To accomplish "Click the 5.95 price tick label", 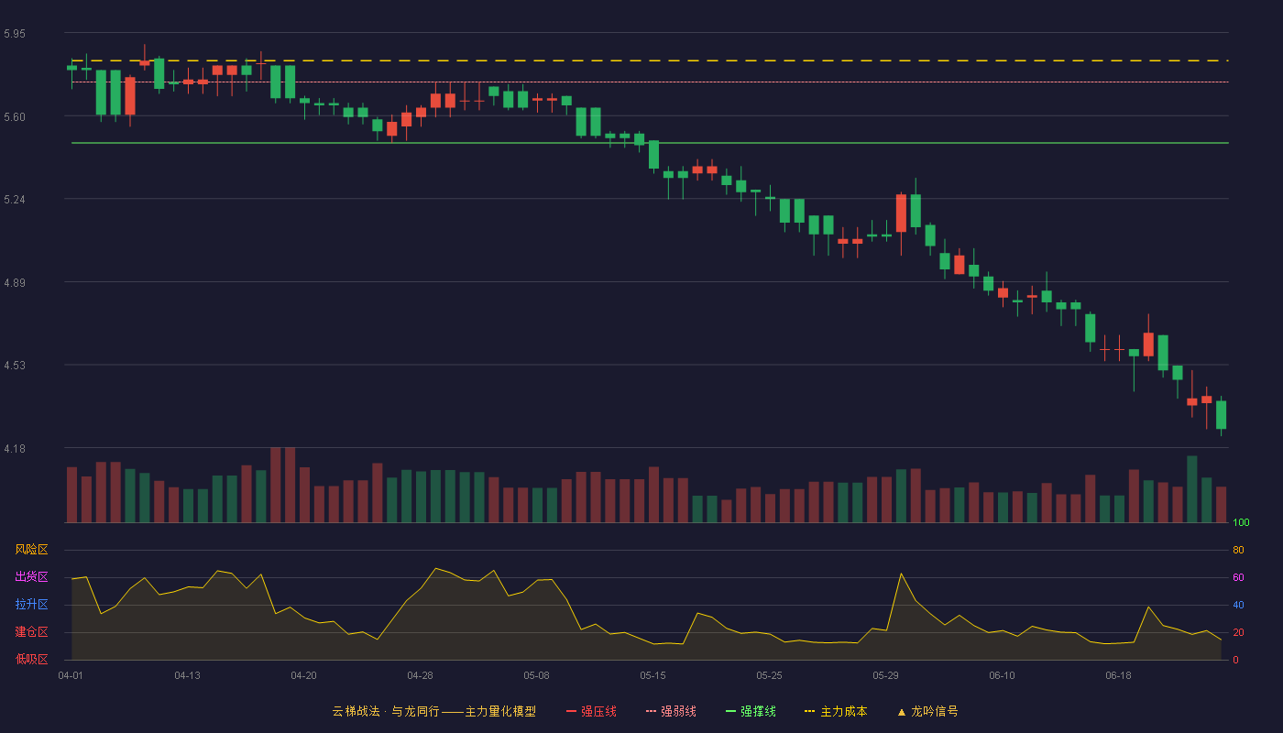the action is pos(15,34).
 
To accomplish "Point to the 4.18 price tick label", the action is pos(15,449).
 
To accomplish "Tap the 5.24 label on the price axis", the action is pos(15,200).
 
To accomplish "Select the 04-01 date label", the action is pos(71,676).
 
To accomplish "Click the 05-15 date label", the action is pos(652,676).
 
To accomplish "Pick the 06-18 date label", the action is pos(1119,676).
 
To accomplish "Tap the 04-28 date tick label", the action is pos(420,676).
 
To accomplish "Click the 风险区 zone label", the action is pos(31,550).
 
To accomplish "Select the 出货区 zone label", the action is pos(31,576).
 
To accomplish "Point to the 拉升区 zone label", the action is pos(31,604).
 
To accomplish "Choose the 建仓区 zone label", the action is pos(31,631).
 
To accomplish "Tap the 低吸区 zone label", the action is pos(31,659).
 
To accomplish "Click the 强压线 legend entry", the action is pos(591,711).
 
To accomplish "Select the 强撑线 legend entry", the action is pos(751,711).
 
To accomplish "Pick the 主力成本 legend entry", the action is pos(836,711).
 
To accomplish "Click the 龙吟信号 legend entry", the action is pos(927,711).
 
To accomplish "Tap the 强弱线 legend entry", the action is pos(671,711).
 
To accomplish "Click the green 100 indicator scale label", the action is pos(1241,522).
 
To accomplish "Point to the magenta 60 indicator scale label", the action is pos(1238,577).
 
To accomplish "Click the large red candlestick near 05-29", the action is pos(901,213).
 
